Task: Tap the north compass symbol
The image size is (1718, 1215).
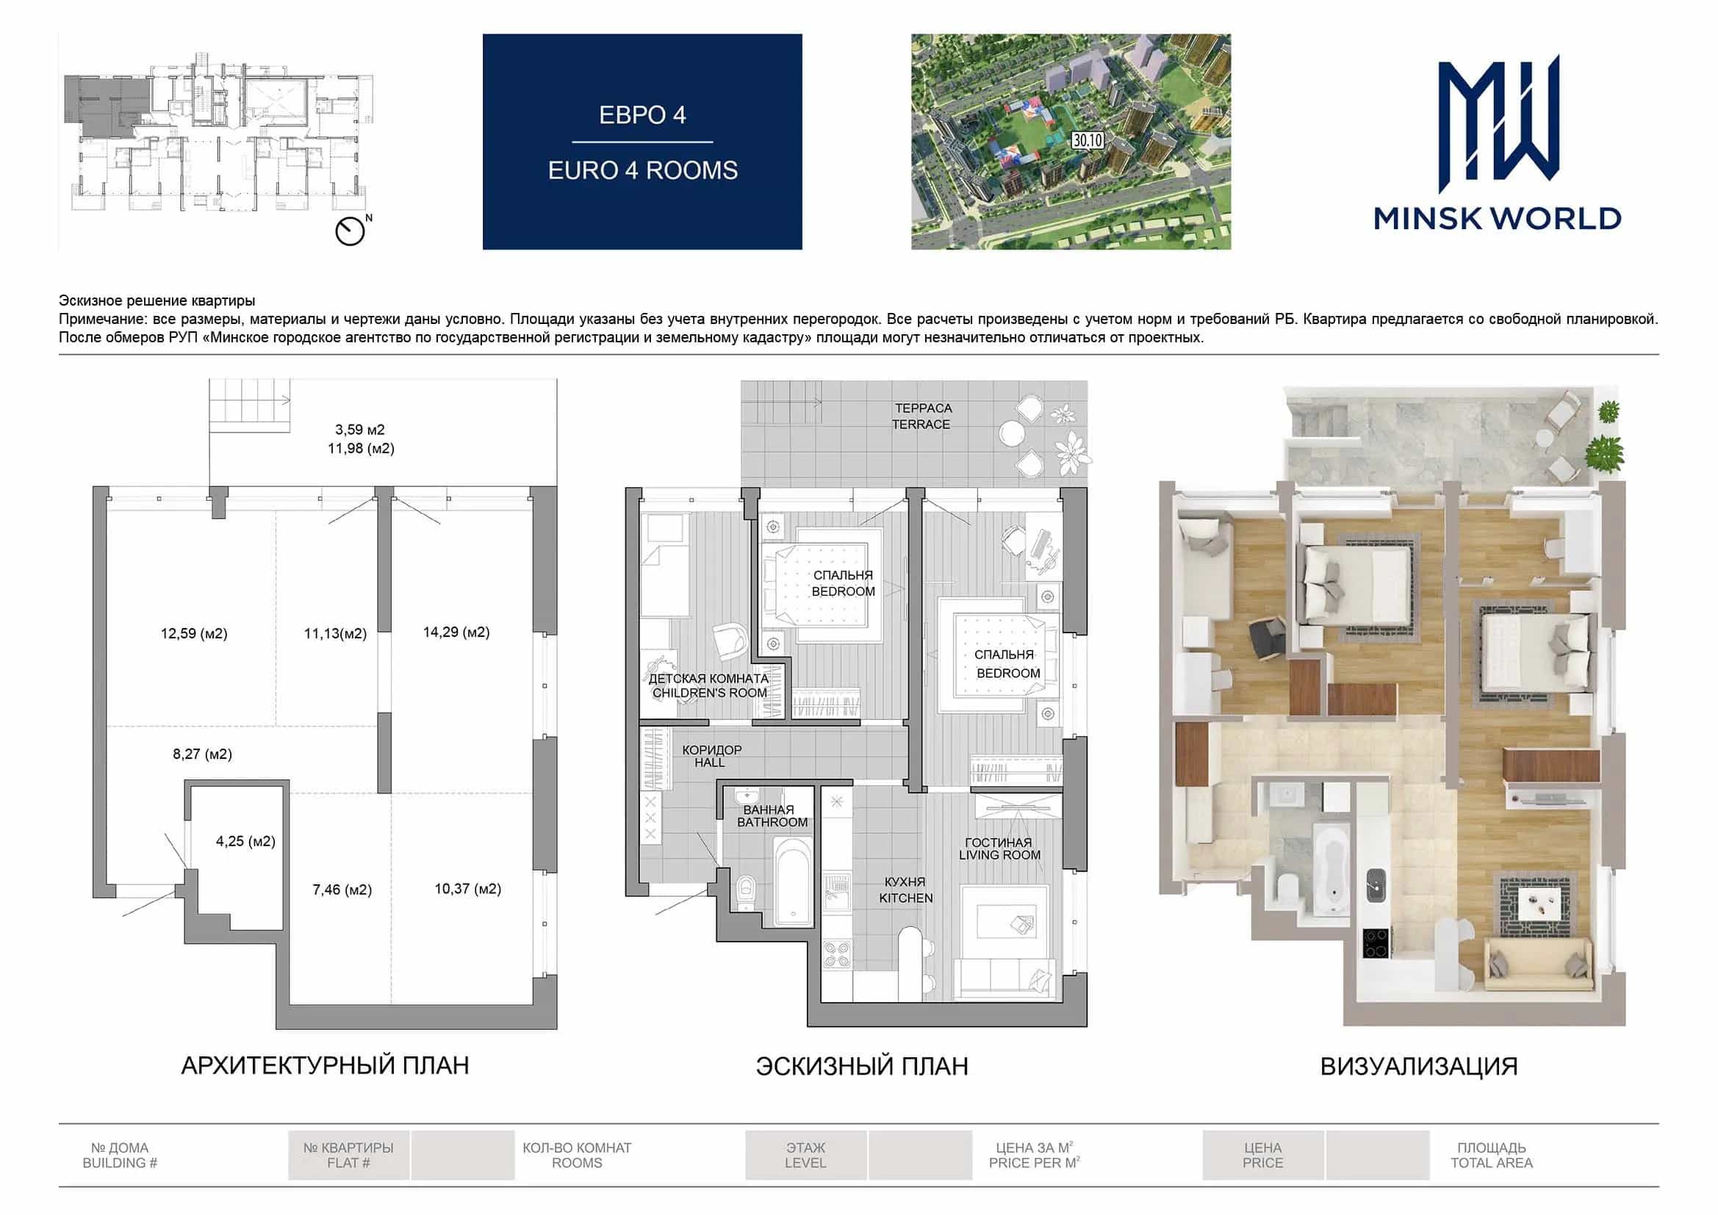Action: [350, 231]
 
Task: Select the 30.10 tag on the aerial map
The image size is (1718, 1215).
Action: [1088, 140]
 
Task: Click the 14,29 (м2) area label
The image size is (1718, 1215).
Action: [456, 632]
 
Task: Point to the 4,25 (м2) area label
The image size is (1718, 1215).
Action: [245, 841]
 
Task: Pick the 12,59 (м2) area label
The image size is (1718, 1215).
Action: [194, 634]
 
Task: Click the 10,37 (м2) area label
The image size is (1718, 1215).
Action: [467, 889]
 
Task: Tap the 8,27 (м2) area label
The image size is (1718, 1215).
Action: [202, 754]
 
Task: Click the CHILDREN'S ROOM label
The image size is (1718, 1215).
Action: [709, 693]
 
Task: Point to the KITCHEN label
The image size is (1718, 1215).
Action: [905, 898]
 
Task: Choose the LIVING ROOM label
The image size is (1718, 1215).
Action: [999, 855]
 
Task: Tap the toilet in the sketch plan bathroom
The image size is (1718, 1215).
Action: [746, 893]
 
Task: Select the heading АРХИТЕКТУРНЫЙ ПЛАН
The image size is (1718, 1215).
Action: [325, 1065]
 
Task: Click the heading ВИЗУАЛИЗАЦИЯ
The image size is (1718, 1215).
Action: [1419, 1066]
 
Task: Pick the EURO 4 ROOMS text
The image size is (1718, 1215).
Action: [643, 170]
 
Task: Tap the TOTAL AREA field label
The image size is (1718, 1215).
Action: [1491, 1164]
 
